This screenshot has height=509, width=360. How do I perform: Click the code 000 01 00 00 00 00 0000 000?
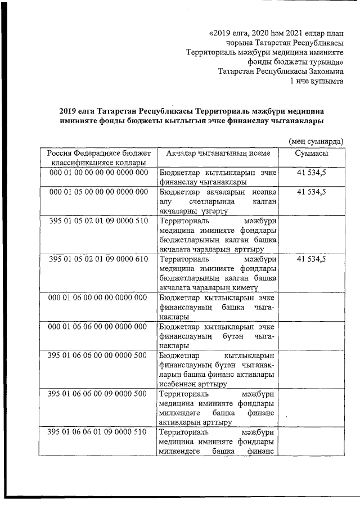[98, 173]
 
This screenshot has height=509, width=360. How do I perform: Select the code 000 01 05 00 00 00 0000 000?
[98, 192]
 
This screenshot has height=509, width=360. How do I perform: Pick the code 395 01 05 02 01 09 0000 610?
[98, 259]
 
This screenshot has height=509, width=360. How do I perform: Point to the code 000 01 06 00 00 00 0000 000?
[98, 298]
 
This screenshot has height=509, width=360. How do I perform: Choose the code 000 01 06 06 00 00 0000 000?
[98, 327]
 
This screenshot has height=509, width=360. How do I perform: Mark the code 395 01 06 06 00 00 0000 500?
[98, 355]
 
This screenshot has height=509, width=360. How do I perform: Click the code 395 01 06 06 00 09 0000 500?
[98, 394]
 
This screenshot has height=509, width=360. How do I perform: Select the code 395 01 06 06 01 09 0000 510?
[98, 433]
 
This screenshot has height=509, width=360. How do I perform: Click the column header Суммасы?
[311, 154]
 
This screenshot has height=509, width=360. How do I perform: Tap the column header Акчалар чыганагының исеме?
[218, 154]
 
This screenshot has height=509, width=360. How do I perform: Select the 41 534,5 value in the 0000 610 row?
[311, 259]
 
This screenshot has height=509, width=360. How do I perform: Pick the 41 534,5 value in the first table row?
[311, 173]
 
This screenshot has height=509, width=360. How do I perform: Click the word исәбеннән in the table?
[181, 385]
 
